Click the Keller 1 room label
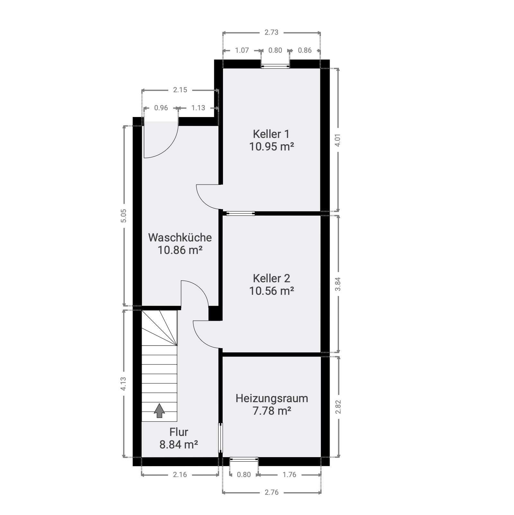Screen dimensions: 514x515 pos(271,134)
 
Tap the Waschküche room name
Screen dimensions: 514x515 pos(180,238)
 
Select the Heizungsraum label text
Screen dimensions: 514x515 pos(272,399)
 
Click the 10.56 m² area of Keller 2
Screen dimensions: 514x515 pos(272,291)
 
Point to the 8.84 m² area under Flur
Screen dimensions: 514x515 pos(179,445)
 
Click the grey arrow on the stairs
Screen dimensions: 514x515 pos(159,411)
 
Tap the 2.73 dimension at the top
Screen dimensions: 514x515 pos(271,32)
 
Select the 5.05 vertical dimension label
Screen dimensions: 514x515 pos(124,215)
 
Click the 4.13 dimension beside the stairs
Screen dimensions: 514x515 pos(123,384)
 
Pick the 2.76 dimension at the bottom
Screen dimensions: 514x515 pos(271,492)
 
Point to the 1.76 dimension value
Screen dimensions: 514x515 pos(289,474)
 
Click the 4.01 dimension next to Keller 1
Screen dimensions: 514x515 pos(338,140)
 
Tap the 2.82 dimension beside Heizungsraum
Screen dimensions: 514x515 pos(338,407)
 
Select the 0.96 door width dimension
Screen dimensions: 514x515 pos(161,108)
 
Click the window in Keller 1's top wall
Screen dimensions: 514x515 pos(275,66)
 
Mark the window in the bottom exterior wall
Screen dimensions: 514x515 pos(244,459)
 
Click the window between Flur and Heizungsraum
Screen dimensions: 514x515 pos(221,438)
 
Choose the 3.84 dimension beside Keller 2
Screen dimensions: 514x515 pos(338,284)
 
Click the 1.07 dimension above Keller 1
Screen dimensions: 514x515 pos(242,50)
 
